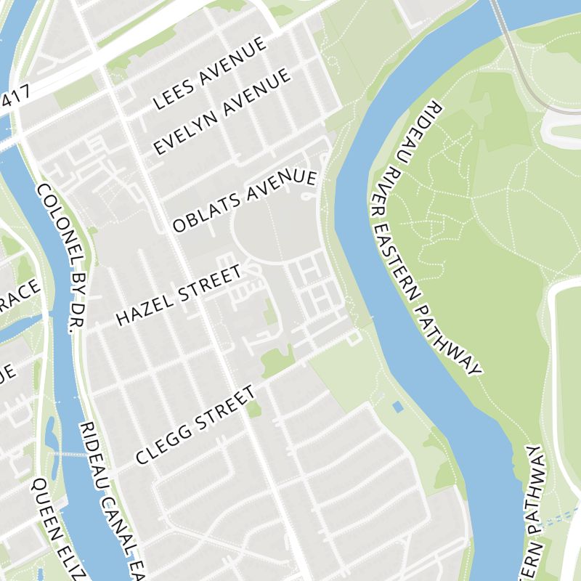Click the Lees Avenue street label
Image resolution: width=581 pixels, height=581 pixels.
[210, 74]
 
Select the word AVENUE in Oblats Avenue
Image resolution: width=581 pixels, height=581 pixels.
[284, 187]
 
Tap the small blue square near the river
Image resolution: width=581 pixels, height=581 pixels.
[397, 407]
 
